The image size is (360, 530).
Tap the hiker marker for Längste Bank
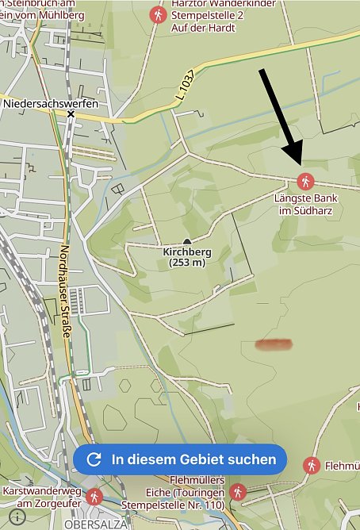(x=304, y=179)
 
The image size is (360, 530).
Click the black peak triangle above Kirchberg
(x=187, y=241)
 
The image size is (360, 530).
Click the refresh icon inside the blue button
(x=94, y=459)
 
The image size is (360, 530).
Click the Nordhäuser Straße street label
(x=66, y=294)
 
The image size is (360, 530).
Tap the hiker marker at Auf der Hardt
(x=158, y=14)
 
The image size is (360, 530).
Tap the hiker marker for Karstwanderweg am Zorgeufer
(x=95, y=497)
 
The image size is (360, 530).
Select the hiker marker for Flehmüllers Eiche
(x=236, y=493)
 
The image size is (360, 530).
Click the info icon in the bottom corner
(x=17, y=515)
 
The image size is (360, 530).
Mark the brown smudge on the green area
(x=274, y=344)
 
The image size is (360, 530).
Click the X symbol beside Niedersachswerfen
(x=71, y=114)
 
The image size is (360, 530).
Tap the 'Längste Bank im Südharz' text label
(x=305, y=203)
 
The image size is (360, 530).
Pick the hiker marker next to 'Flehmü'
(x=312, y=465)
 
